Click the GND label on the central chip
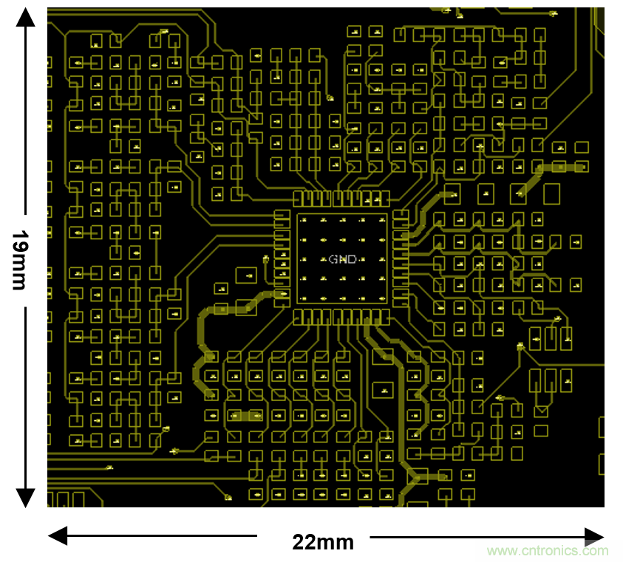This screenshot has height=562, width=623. click(342, 259)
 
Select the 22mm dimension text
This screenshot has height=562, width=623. click(323, 543)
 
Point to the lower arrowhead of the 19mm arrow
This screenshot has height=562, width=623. click(26, 499)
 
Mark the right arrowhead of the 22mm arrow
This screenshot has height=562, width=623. click(595, 536)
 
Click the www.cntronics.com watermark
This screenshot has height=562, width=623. click(548, 550)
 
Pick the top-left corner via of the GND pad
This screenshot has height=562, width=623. click(304, 221)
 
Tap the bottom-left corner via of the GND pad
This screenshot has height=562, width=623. click(304, 298)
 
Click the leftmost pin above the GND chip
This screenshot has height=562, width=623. click(299, 199)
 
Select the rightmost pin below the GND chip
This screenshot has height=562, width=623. click(385, 318)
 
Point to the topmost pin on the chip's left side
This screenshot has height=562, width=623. click(282, 216)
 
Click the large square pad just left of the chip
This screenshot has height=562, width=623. click(245, 275)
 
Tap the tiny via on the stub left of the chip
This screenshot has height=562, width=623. click(265, 258)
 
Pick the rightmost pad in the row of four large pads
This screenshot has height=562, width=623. click(551, 194)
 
